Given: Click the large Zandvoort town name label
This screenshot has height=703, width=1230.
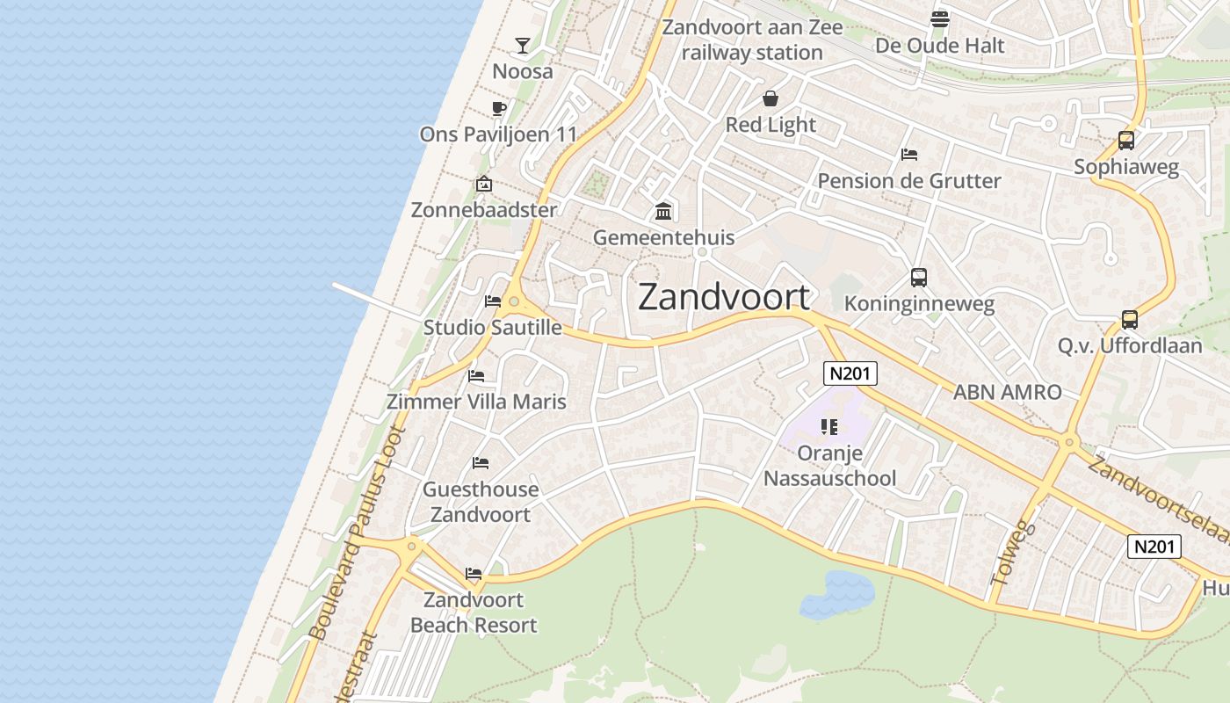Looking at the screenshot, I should (723, 297).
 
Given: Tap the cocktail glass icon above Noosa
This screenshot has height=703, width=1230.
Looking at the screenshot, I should (523, 45).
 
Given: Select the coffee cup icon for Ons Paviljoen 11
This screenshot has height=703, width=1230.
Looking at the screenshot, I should (499, 109).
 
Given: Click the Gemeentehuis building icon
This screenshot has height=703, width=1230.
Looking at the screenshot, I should (663, 212).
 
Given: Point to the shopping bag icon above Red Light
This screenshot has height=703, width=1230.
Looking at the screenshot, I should (771, 98).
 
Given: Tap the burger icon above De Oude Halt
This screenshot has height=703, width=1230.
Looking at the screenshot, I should (939, 19).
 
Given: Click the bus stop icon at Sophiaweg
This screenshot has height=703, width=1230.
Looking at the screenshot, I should (1125, 141).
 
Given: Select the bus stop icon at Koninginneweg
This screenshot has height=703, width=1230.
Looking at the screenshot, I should (919, 278).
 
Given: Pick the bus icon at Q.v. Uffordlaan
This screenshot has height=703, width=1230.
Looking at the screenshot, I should (1130, 320).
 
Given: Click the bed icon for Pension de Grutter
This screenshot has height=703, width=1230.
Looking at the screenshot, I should (909, 155).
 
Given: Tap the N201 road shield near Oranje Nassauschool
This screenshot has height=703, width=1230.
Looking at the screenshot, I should (850, 373).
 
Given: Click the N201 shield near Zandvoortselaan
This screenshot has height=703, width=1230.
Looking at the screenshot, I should (1154, 547).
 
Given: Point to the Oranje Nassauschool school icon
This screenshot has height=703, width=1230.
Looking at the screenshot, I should (828, 428).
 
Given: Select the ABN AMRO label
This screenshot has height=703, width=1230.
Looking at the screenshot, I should (1008, 392).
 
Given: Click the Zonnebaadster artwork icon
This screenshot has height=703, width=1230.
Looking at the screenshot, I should (483, 184).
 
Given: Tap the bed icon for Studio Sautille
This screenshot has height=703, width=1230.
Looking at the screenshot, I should (493, 301).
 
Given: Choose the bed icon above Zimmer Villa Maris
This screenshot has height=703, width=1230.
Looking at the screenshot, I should (476, 376).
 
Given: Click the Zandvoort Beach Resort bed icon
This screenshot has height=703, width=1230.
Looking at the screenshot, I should (474, 574).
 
